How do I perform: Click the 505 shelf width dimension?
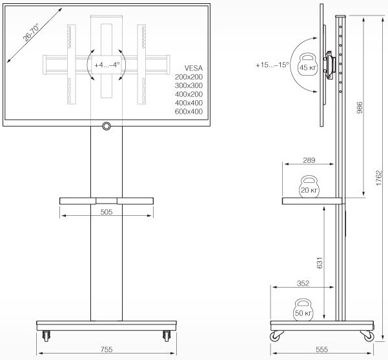coord(107,210)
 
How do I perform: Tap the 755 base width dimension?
coord(107,350)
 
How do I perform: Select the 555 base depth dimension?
coord(322,350)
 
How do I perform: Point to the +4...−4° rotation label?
coord(107,65)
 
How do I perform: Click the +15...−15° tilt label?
coord(272,65)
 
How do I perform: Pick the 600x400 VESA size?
coord(189,112)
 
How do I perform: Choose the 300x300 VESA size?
coord(189,85)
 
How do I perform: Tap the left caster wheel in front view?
coord(45,335)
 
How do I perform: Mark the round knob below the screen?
coord(106,125)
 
